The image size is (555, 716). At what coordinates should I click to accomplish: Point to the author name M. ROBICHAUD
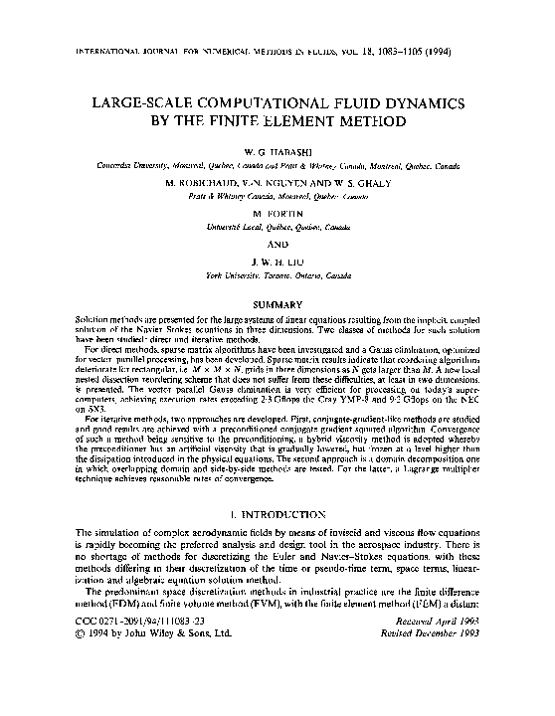[176, 182]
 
